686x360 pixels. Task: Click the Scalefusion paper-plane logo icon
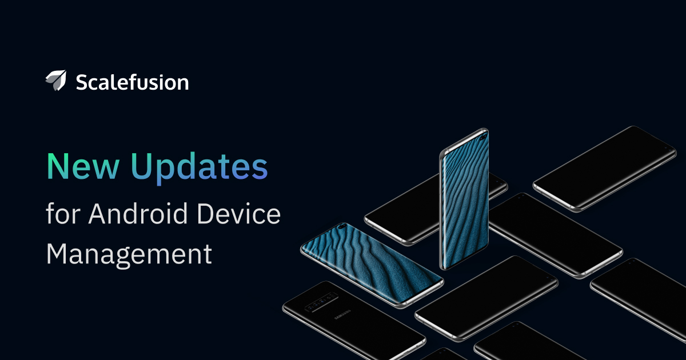coord(56,81)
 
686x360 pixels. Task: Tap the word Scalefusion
coord(132,82)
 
